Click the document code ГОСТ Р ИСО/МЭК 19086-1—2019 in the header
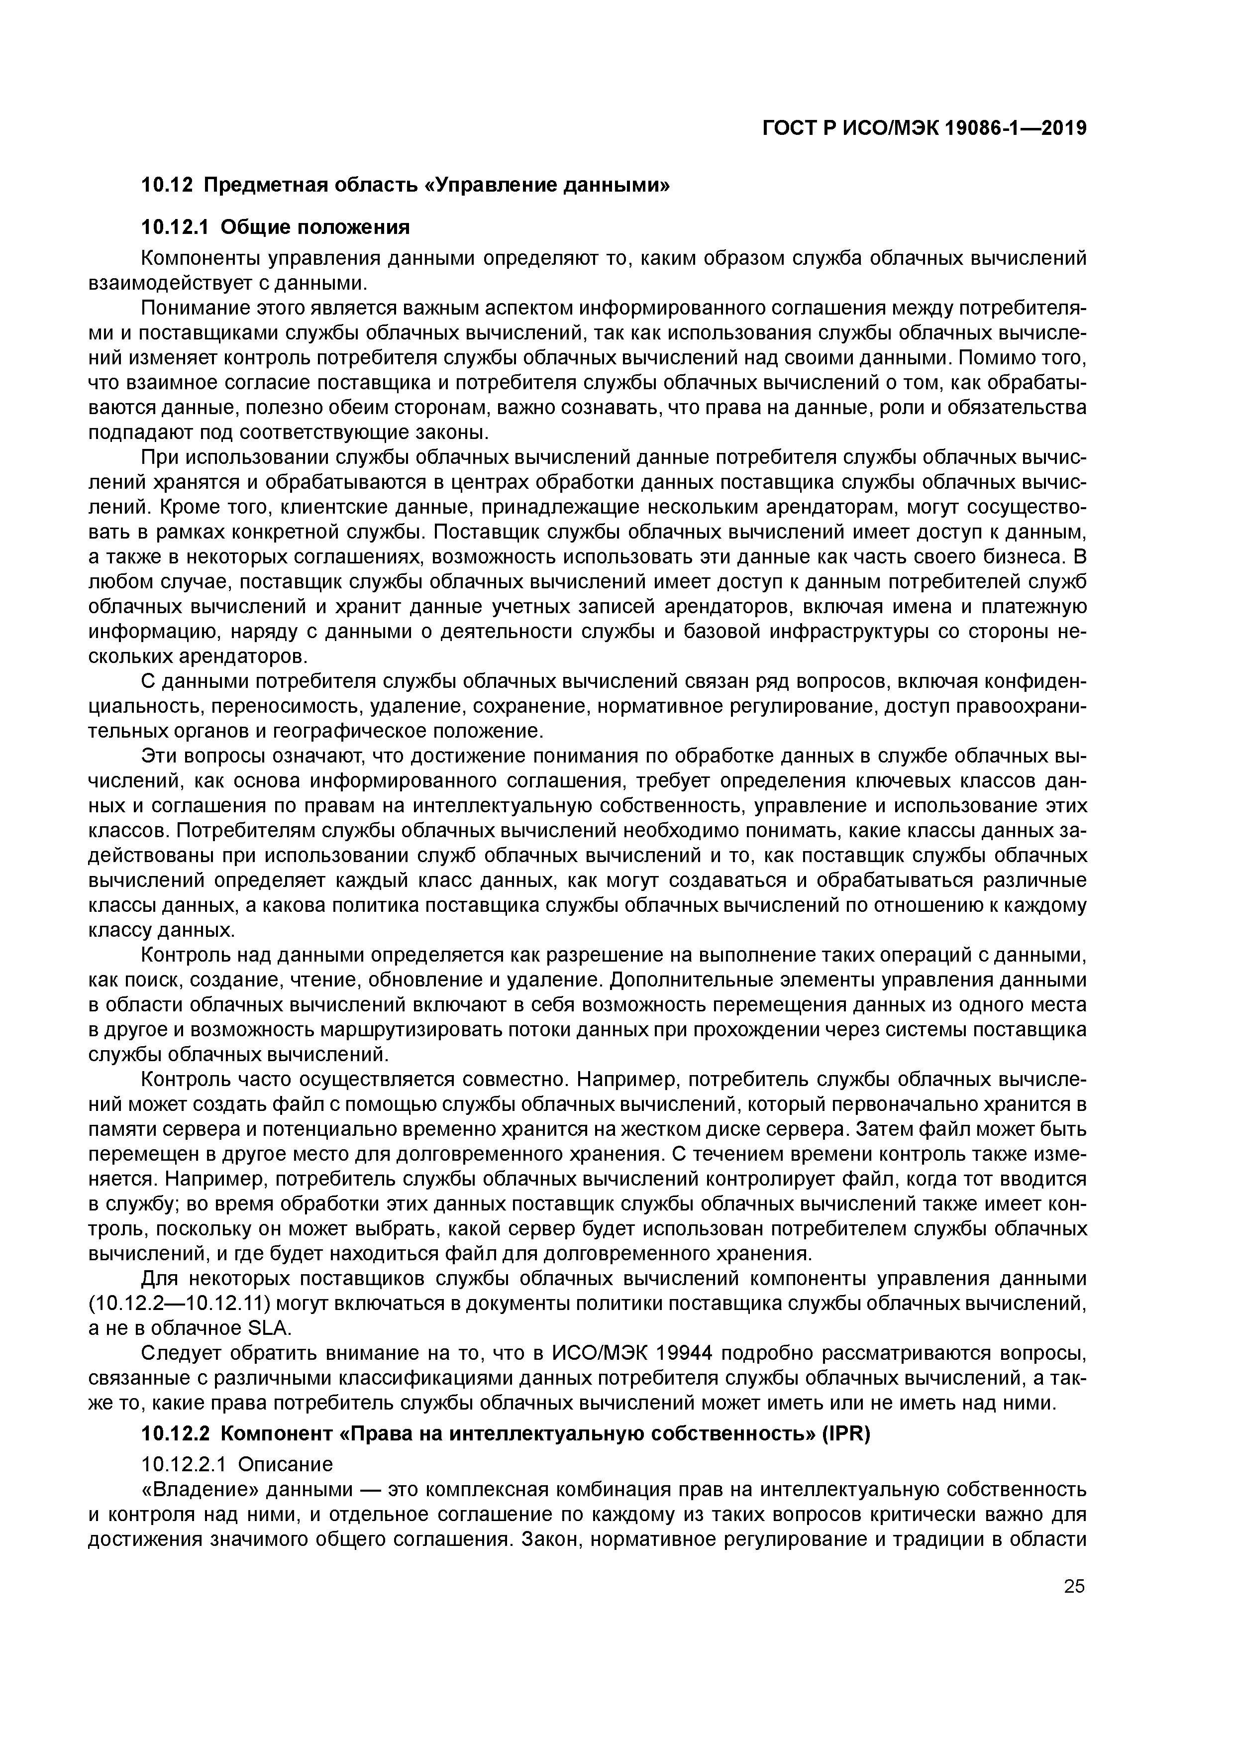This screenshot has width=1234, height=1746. pyautogui.click(x=924, y=129)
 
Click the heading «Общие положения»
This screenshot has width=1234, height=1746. pyautogui.click(x=317, y=227)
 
